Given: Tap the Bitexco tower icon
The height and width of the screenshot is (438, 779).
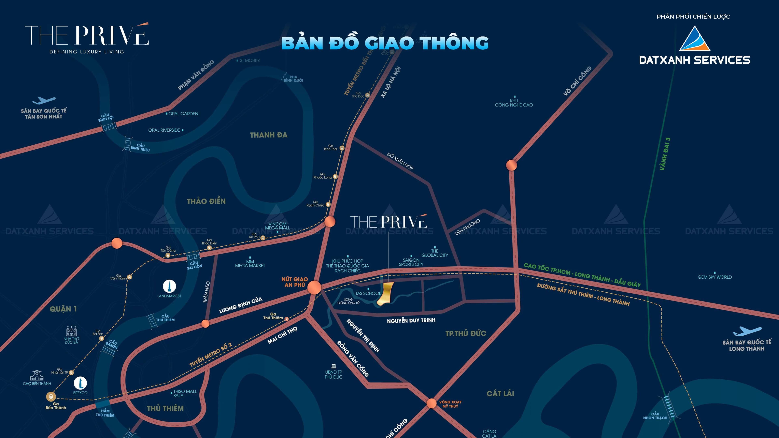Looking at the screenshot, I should pos(80,383).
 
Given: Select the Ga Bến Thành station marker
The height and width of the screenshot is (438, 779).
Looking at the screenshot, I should pos(51,396).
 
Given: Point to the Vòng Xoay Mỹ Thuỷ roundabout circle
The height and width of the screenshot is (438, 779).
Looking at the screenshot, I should pos(431,403).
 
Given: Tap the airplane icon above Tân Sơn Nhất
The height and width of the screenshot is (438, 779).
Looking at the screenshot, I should pos(44,100).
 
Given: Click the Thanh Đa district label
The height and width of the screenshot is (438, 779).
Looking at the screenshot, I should pos(269,135).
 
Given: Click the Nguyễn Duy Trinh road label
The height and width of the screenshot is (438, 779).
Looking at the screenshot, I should pos(411,320).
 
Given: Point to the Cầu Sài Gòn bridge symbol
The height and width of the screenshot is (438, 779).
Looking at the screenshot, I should pos(193,257).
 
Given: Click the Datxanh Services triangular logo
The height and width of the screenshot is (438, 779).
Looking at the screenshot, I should pos(694,39).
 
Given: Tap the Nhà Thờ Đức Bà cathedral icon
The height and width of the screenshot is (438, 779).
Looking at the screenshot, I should pos(71,331).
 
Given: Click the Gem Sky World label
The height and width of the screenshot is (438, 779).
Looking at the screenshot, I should pos(714,277).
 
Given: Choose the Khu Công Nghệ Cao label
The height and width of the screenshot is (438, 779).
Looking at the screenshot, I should pos(514,103).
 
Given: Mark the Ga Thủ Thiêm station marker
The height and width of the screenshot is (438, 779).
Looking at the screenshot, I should pos(287,319).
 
